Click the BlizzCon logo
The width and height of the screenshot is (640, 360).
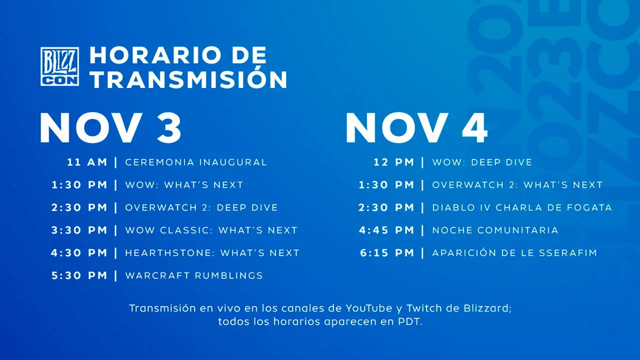[x=59, y=66]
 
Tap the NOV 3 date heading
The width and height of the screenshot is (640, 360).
[x=110, y=127]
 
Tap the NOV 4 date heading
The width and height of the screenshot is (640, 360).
[x=416, y=127]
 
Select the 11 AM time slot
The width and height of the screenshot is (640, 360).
[x=87, y=162]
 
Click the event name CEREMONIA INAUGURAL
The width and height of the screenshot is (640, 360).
[x=196, y=162]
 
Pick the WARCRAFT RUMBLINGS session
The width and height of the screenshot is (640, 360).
[x=194, y=275]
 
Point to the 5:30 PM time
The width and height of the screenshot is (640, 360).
[x=79, y=275]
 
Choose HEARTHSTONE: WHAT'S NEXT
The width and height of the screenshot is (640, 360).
[x=212, y=253]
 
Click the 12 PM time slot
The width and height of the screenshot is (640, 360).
[x=394, y=162]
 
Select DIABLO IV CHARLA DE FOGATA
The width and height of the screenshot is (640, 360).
[x=522, y=207]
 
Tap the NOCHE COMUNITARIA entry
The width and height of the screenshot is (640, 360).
[x=495, y=230]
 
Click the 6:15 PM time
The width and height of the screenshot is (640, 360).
[x=387, y=253]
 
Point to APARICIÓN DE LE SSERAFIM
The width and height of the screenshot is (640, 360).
[x=514, y=253]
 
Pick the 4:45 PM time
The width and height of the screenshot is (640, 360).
[x=387, y=230]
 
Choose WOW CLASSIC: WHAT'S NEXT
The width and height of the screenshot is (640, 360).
[x=211, y=230]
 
